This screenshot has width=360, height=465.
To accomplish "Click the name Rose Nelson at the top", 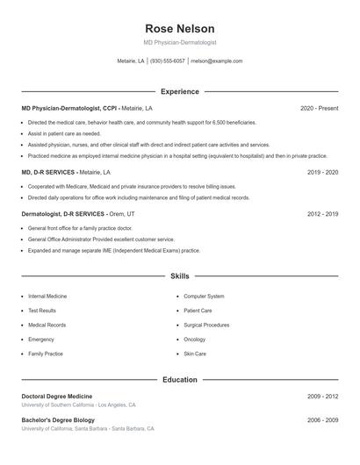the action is point(179,28).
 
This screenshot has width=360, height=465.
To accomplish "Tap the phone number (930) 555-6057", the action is point(167,61).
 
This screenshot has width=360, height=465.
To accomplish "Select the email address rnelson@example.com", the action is point(216,61).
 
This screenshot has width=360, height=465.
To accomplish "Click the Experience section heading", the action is point(179,91).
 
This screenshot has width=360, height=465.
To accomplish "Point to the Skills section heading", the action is point(179,275).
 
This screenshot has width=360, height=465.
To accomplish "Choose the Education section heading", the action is point(179,380).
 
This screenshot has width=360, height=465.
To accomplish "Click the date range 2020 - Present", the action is point(319,108).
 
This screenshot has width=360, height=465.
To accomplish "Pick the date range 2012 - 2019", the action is point(322,213).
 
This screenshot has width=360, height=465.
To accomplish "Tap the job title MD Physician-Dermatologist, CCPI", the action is point(69,108).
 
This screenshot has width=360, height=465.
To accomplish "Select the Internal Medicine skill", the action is point(47,297).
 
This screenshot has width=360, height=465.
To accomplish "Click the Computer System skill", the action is point(204,297).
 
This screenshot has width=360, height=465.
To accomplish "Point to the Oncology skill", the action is point(194,340).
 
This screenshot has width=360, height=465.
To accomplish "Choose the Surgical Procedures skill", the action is point(206,325).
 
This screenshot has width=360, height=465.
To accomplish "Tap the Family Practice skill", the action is point(46,354).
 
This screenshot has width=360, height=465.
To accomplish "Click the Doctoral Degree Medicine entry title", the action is point(56,397).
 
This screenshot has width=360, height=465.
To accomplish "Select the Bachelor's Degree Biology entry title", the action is point(57,420).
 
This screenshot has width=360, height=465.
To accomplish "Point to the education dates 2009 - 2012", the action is point(322,397).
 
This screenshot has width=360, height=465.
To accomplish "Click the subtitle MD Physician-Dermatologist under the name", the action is point(179,42).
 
